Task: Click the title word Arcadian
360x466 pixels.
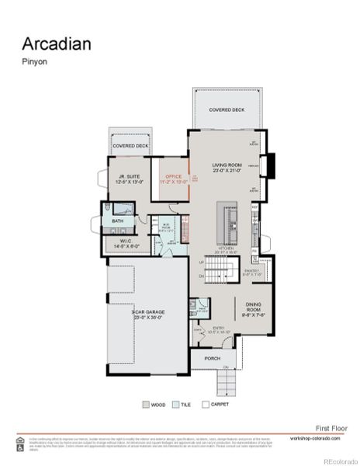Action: tap(57, 43)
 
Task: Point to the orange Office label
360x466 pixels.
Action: tap(173, 177)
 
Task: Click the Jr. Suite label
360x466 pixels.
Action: tap(123, 177)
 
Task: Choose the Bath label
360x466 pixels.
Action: tap(117, 221)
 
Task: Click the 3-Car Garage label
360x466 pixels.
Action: tap(146, 315)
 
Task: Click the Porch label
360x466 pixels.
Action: tap(213, 358)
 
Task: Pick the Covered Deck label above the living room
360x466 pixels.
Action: tap(227, 110)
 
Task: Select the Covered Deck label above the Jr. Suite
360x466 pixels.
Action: tap(130, 145)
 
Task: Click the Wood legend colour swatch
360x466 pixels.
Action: tap(145, 404)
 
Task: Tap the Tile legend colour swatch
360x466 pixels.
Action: tap(175, 404)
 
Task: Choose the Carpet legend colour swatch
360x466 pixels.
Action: tap(205, 404)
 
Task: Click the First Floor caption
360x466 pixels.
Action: tap(331, 428)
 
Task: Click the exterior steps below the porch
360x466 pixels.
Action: tap(227, 381)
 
